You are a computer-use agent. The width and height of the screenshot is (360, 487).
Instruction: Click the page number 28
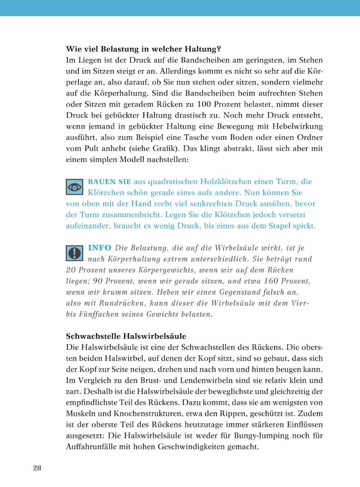pyautogui.click(x=38, y=468)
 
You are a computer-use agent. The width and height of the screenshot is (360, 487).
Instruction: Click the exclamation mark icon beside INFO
pyautogui.click(x=75, y=253)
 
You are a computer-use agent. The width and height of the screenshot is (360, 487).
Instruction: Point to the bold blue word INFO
pyautogui.click(x=100, y=248)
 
